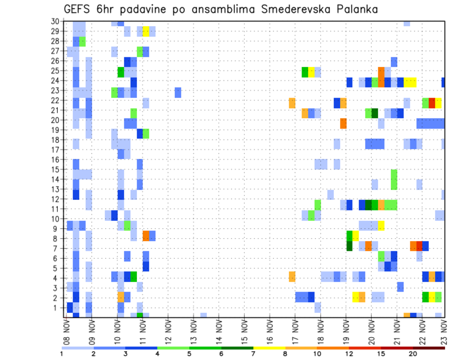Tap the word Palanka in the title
click(x=357, y=9)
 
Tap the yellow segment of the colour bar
click(x=269, y=347)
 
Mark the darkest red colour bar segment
click(x=429, y=347)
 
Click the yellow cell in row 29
click(x=146, y=32)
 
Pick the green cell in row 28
click(x=83, y=41)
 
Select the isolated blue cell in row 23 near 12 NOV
click(x=178, y=91)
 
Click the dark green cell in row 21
click(x=374, y=113)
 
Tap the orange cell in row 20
click(x=343, y=123)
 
